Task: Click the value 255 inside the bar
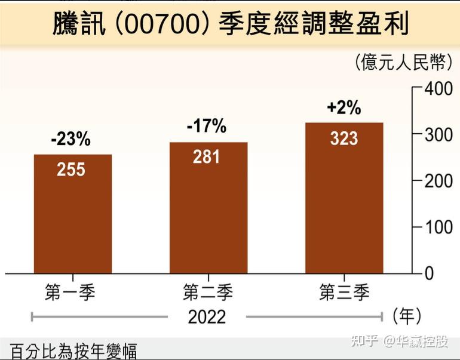pos(71,170)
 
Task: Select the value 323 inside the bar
pos(344,139)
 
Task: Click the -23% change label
pos(70,139)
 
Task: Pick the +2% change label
pos(344,107)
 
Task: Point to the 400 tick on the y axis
pos(438,88)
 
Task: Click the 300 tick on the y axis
pos(438,135)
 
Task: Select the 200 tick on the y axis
pos(438,181)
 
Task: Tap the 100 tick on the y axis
pos(438,227)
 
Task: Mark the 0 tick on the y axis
pos(429,273)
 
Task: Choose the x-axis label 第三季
pos(344,293)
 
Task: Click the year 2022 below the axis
pos(207,316)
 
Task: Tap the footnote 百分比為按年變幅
pos(73,350)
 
